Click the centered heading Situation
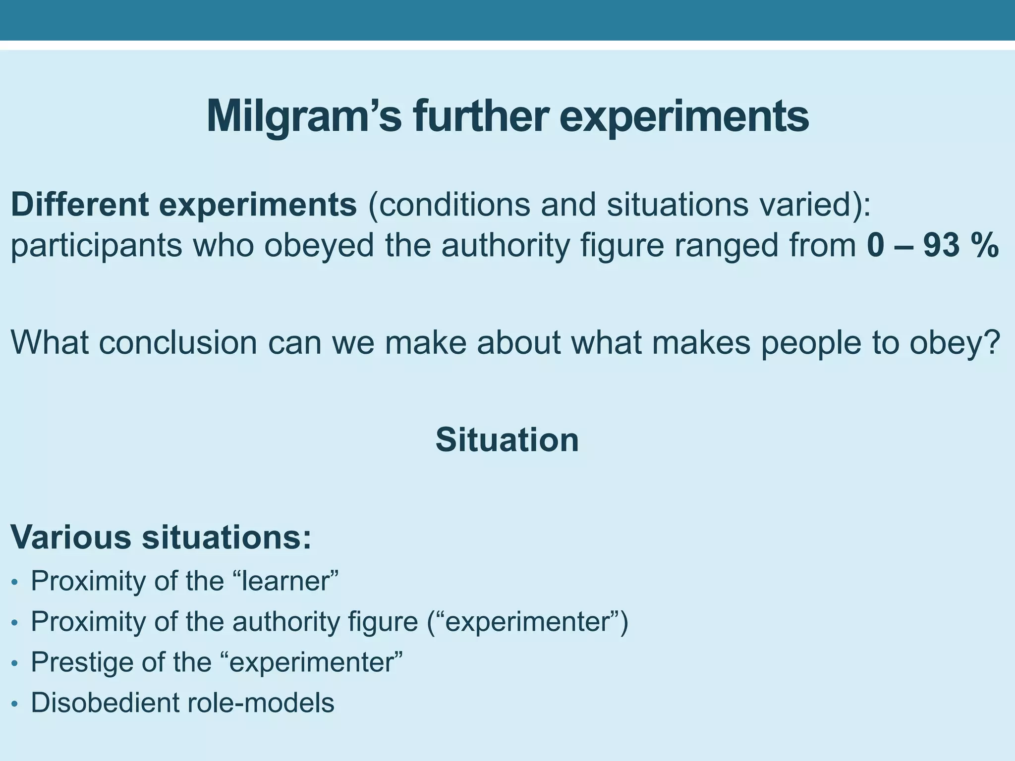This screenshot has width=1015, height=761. click(507, 439)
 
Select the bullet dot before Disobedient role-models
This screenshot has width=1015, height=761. click(15, 704)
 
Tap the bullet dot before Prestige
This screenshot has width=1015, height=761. click(15, 663)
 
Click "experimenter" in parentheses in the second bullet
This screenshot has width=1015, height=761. click(527, 621)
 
